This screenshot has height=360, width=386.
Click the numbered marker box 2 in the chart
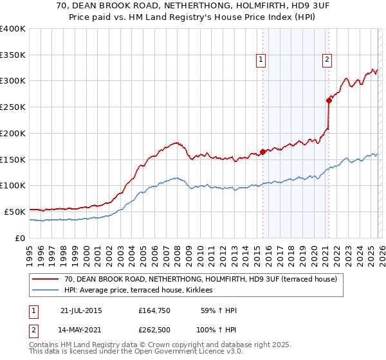(x=327, y=60)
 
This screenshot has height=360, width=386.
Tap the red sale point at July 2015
(x=262, y=152)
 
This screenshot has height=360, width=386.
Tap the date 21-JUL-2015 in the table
(x=81, y=310)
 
